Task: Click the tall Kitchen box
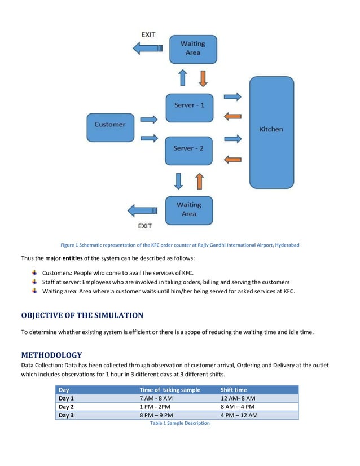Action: pos(271,132)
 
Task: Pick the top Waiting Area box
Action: pos(193,48)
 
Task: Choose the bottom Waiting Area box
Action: pos(189,209)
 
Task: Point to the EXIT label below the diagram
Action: pos(145,226)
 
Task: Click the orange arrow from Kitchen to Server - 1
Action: pos(232,117)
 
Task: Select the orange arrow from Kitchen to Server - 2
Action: pos(232,160)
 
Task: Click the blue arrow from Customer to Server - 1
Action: pos(148,119)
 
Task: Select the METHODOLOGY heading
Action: pos(51,355)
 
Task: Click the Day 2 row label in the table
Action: pos(67,407)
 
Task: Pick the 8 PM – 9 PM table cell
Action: pos(157,415)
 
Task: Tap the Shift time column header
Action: pos(234,389)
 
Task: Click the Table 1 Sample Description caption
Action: pos(179,423)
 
